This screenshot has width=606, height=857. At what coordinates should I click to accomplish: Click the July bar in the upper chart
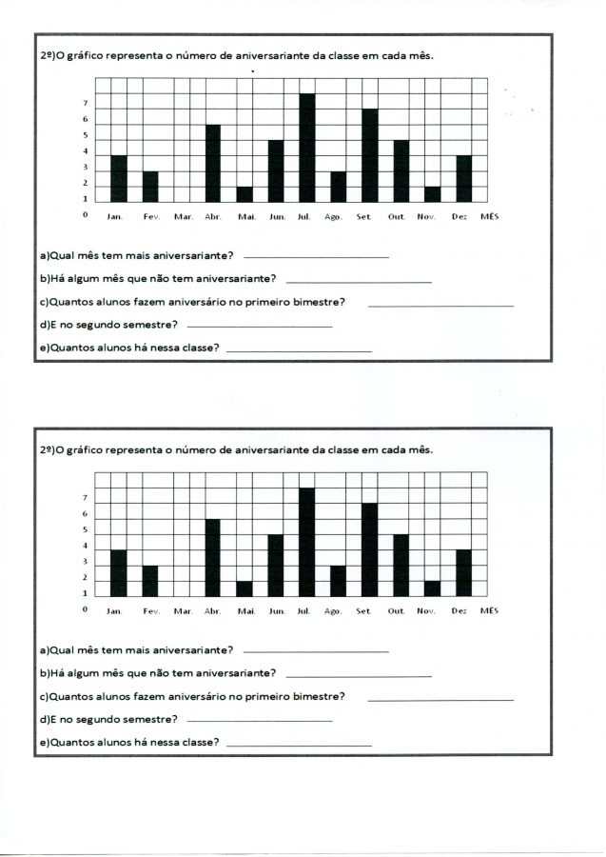click(307, 148)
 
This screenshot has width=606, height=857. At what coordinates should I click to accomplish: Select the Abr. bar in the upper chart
click(213, 163)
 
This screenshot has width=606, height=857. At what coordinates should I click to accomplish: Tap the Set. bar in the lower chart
click(370, 549)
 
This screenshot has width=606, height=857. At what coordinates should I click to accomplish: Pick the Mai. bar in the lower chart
click(244, 588)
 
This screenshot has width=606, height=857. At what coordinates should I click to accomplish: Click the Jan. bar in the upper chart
click(119, 178)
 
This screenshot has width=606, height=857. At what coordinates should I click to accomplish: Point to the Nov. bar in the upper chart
click(432, 194)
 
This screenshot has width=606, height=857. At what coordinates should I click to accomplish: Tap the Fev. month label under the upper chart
click(152, 217)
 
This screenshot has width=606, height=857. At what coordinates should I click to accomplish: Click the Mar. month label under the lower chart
click(184, 611)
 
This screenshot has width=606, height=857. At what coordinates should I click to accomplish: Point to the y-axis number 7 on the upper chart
click(86, 103)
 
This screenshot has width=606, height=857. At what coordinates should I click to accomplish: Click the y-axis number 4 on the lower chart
click(86, 546)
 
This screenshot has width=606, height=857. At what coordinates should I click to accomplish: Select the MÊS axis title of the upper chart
click(489, 217)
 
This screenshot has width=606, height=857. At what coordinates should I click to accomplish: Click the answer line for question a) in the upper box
click(316, 258)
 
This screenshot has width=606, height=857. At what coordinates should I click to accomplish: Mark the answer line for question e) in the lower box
click(299, 746)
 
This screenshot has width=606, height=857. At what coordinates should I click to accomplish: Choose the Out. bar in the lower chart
click(401, 565)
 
